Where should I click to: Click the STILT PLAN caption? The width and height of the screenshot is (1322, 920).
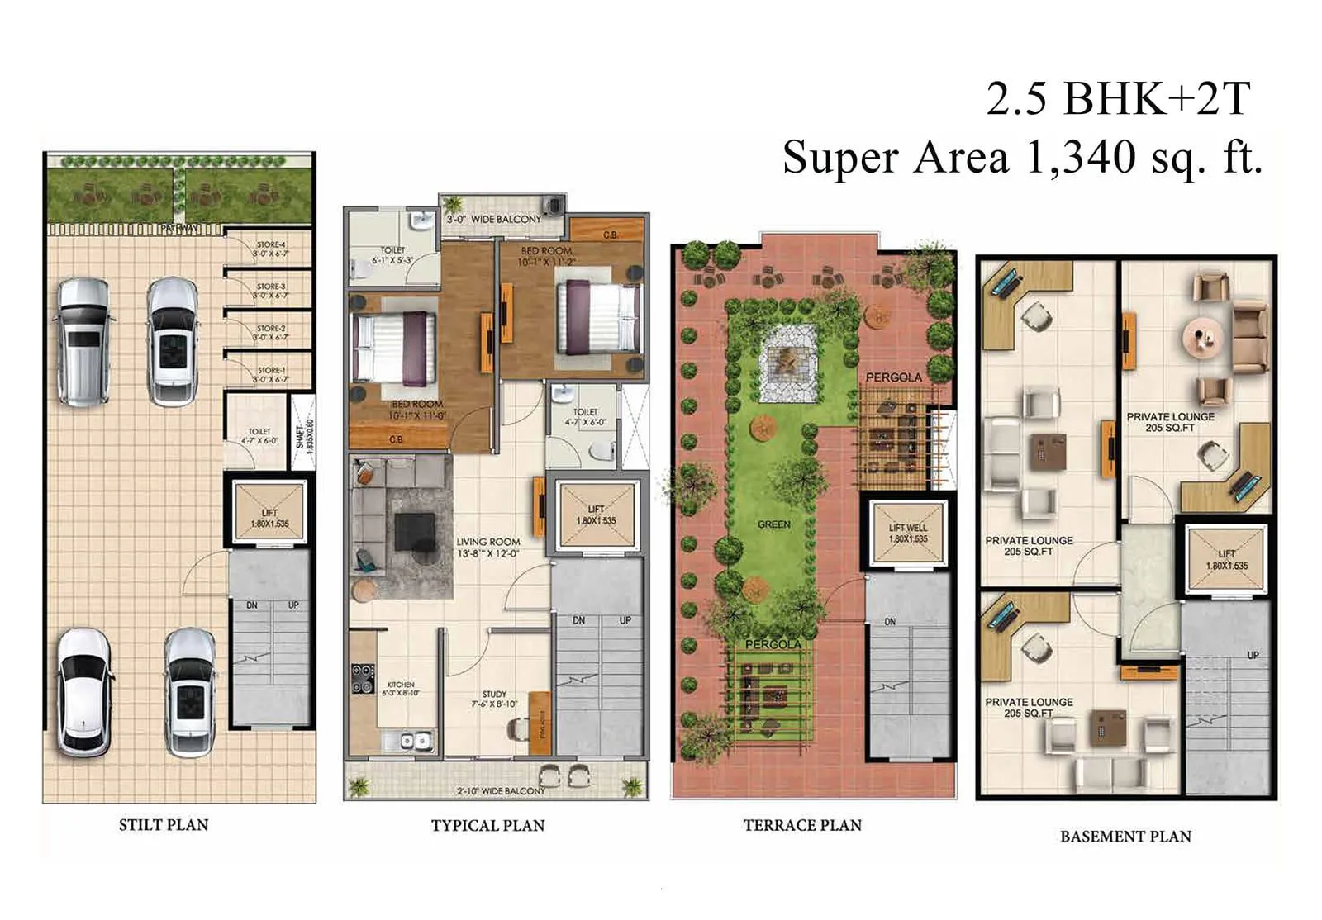(x=164, y=824)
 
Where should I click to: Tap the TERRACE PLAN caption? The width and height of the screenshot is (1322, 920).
(x=801, y=825)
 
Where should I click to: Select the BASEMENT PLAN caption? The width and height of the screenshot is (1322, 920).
(x=1125, y=836)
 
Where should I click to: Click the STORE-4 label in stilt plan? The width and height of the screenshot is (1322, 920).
(x=271, y=245)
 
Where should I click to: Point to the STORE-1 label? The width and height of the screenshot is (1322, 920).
(x=271, y=371)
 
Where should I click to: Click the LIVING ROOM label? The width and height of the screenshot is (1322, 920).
(x=487, y=543)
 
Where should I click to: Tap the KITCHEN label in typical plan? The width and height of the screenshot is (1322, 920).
(x=401, y=685)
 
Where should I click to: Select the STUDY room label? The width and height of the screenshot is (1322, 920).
(x=494, y=695)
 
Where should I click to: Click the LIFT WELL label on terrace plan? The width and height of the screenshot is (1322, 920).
(x=908, y=528)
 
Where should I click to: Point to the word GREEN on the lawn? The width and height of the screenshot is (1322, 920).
(x=773, y=524)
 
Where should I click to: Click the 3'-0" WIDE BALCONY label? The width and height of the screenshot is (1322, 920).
(x=493, y=220)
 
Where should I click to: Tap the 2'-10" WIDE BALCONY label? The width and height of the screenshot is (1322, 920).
(x=501, y=790)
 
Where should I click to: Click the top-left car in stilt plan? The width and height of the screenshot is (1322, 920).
(x=82, y=342)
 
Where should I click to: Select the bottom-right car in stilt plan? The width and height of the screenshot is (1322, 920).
(x=191, y=693)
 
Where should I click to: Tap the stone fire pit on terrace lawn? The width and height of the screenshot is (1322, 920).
(x=788, y=362)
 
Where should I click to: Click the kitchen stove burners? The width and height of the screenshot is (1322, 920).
(x=363, y=678)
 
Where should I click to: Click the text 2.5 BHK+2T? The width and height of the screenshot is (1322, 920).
(x=1118, y=99)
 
